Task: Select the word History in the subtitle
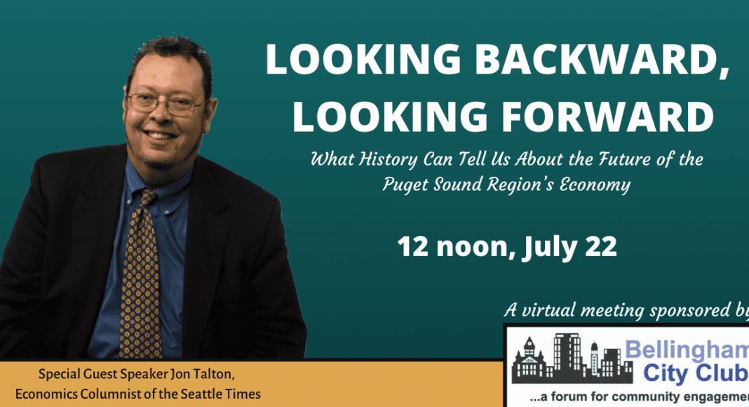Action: [389, 159]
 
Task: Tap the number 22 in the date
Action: [601, 247]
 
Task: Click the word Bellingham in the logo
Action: [687, 351]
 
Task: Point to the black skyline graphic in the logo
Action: [572, 359]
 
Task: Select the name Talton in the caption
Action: [215, 374]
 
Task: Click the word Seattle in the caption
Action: [199, 394]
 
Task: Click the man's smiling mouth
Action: [160, 135]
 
